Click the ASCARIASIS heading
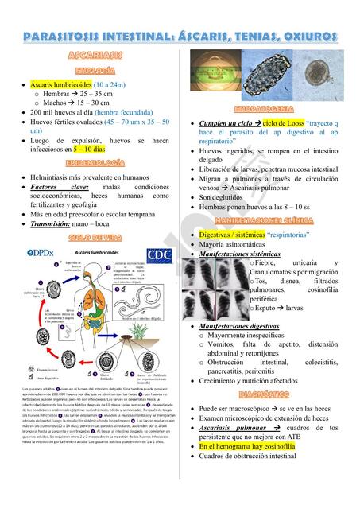[95, 55]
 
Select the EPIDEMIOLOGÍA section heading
[95, 163]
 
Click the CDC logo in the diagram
[158, 255]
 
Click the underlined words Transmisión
[56, 225]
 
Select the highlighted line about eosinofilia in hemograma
[257, 447]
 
